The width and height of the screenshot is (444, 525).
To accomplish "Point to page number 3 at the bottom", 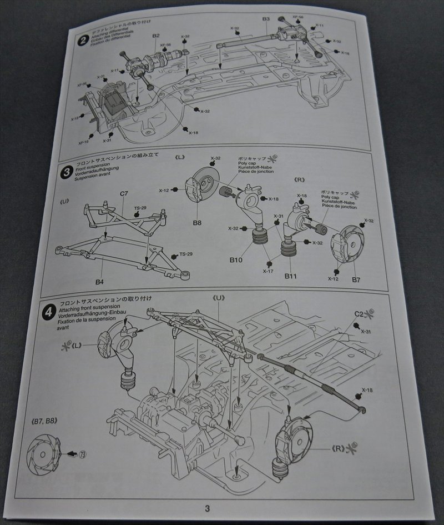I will click(x=207, y=508).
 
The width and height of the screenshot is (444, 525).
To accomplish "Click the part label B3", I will click(x=266, y=19).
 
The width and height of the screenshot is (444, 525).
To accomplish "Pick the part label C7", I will click(x=124, y=194).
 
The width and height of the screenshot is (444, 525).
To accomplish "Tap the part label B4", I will click(x=99, y=282).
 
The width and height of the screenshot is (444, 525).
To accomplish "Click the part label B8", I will click(x=197, y=222).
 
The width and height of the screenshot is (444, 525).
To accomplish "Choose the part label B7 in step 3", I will click(x=356, y=279).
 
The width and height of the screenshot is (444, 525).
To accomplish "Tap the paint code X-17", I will click(x=269, y=271).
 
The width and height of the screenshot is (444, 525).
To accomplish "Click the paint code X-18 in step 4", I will click(x=367, y=390).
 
